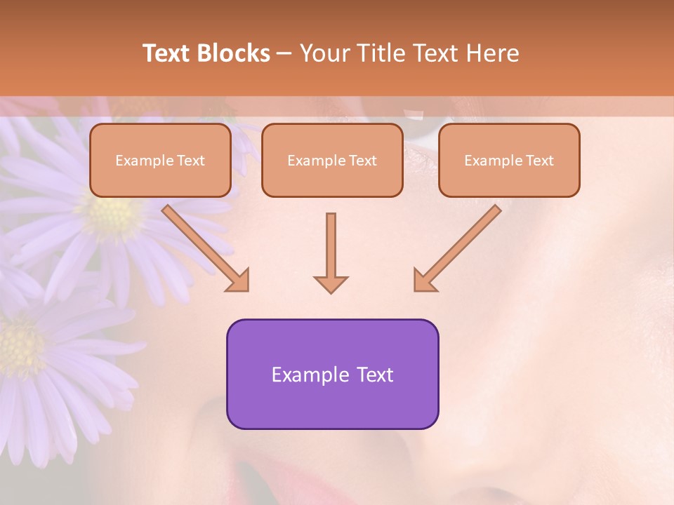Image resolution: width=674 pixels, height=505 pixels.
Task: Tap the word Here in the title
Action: tap(494, 53)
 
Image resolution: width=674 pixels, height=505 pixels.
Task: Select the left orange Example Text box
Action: tap(160, 161)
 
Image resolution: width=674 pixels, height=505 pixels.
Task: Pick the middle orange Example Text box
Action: tap(332, 161)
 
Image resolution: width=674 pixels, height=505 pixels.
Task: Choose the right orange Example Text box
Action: tap(509, 161)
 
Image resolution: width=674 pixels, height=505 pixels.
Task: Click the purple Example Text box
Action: tap(332, 374)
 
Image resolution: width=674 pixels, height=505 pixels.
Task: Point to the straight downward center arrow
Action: tap(331, 252)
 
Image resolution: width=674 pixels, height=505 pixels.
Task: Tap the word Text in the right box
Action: tap(539, 161)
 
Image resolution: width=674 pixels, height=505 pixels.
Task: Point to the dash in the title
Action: tap(285, 53)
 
